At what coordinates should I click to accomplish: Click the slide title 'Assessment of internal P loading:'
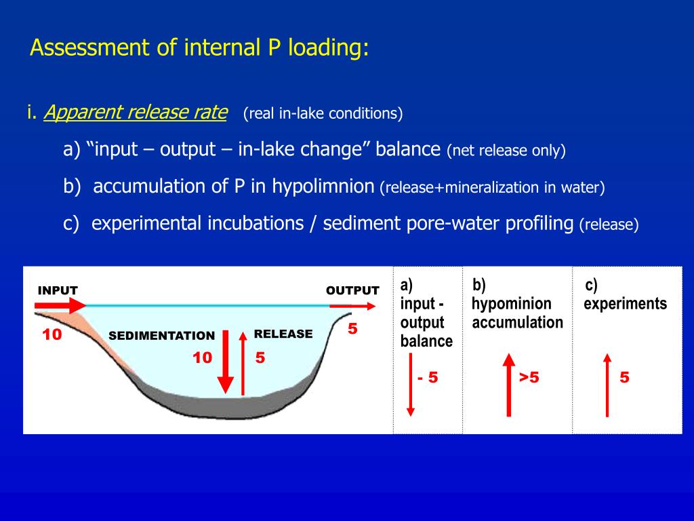(199, 48)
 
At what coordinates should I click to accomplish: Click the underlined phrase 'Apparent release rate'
(135, 113)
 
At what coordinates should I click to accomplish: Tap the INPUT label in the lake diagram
(58, 290)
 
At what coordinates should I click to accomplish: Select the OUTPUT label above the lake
(352, 290)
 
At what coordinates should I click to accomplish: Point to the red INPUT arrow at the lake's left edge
(61, 307)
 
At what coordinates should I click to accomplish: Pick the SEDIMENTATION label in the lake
(161, 336)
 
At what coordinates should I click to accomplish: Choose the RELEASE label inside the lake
(283, 334)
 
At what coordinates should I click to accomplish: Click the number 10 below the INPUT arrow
(52, 334)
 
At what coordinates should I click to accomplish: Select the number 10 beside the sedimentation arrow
(202, 358)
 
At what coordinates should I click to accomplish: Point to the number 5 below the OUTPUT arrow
(352, 329)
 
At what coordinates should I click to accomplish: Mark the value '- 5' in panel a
(428, 378)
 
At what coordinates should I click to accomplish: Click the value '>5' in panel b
(529, 378)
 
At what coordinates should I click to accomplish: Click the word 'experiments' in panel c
(625, 303)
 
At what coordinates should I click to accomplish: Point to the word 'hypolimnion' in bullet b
(323, 187)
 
